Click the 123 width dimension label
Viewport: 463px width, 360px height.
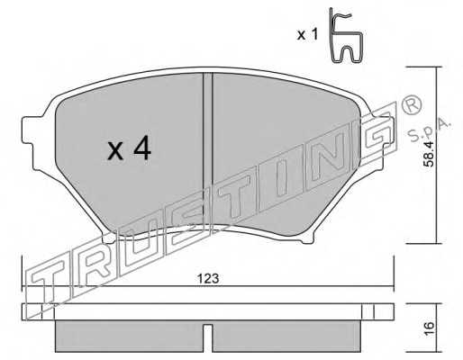[x=208, y=279]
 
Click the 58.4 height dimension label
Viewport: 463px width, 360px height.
[x=429, y=154]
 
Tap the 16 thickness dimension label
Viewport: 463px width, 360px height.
[x=429, y=328]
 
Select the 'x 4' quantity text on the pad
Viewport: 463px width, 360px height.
[x=130, y=148]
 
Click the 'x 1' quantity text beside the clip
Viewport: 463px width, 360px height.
[x=307, y=35]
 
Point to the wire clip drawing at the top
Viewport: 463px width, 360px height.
[x=346, y=35]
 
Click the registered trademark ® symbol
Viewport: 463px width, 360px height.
[x=411, y=105]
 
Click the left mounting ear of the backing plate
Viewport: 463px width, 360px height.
[x=29, y=130]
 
